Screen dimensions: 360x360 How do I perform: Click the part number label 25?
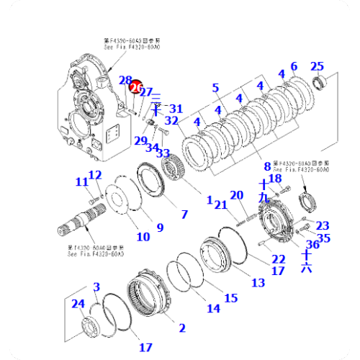(316, 67)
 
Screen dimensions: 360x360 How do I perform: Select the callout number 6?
(293, 68)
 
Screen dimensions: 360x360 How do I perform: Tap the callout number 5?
(215, 89)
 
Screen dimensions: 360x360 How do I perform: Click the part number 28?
(125, 81)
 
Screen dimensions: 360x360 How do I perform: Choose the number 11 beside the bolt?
(81, 182)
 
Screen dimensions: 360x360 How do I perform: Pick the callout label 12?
(96, 174)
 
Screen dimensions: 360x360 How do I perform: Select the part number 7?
(184, 215)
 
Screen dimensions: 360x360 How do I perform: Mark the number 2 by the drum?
(182, 328)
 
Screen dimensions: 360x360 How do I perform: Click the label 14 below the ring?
(214, 308)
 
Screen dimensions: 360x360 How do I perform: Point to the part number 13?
(258, 282)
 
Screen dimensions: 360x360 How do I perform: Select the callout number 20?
(237, 195)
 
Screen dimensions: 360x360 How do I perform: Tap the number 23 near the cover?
(323, 226)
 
